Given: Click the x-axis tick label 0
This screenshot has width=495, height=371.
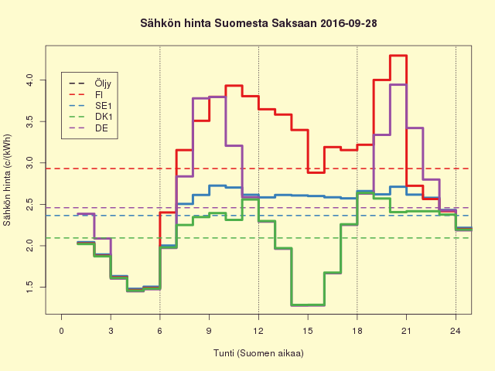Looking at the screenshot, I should click(62, 331).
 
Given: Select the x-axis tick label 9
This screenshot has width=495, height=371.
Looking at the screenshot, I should click(210, 331).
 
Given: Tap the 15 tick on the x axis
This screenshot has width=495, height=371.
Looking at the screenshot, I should click(308, 331).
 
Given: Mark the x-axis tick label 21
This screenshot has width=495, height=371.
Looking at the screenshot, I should click(406, 331).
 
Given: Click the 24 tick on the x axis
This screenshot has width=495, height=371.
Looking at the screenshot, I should click(456, 331).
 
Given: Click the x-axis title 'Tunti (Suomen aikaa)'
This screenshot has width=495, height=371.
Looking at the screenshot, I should click(258, 353).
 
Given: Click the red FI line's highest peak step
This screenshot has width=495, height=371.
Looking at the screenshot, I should click(398, 56).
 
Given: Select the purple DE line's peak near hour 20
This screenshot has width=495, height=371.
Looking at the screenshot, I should click(398, 84).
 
